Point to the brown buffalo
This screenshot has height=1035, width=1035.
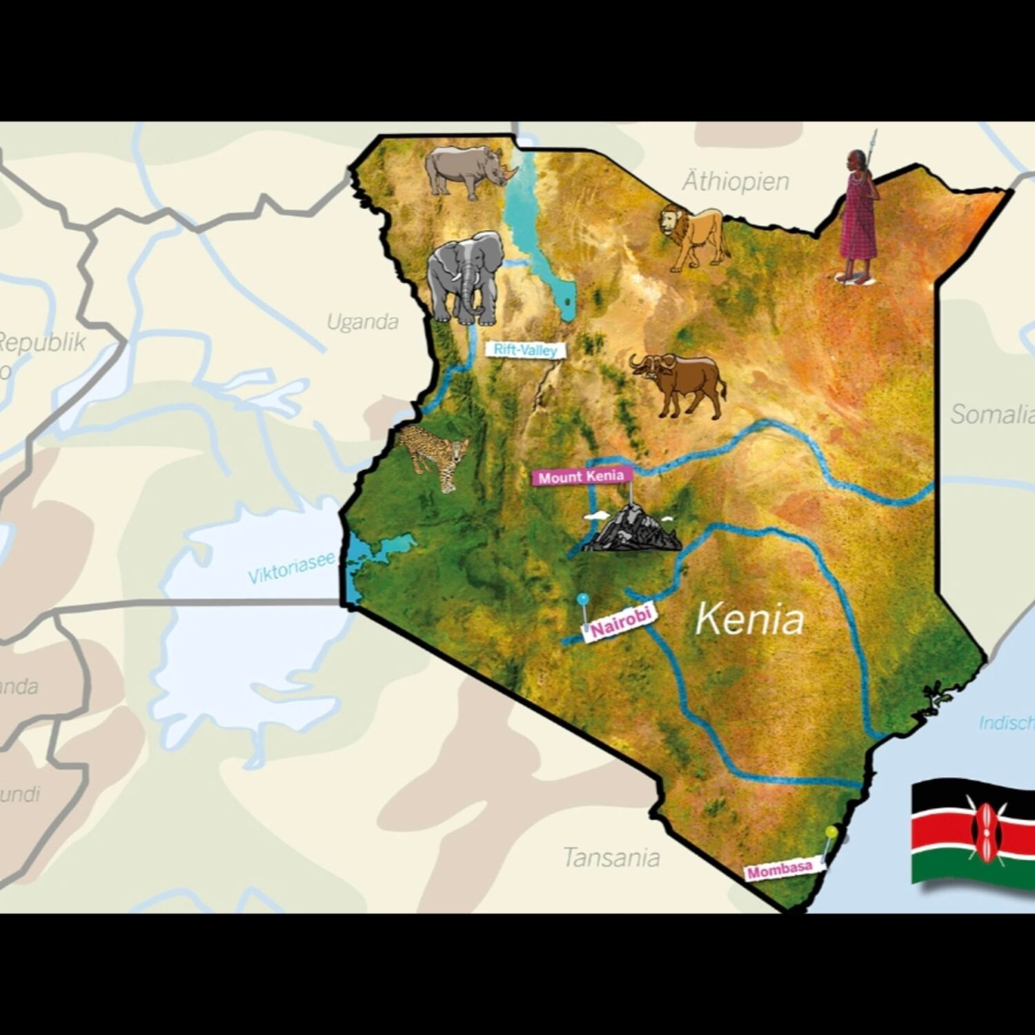click(x=680, y=384)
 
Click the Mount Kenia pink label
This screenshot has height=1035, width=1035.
click(x=581, y=477)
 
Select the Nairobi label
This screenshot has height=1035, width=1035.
click(x=620, y=622)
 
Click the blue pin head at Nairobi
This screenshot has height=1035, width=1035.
click(x=584, y=598)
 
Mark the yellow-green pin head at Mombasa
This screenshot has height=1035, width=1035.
click(x=832, y=832)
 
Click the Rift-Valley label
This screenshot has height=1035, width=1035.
click(x=526, y=351)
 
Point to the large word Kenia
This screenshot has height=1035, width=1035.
click(x=749, y=619)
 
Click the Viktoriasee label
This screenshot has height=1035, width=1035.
click(x=291, y=567)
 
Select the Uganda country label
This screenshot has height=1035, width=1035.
click(x=362, y=322)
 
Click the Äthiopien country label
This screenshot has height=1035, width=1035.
click(x=736, y=181)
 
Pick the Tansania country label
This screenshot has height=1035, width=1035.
click(x=611, y=858)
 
